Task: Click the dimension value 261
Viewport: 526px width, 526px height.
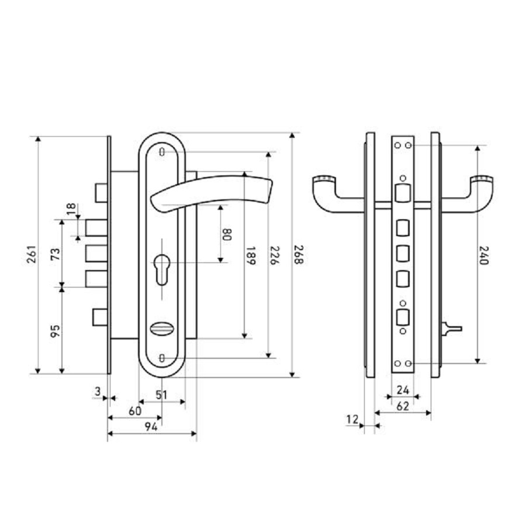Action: pyautogui.click(x=33, y=255)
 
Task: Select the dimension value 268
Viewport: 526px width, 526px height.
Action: pyautogui.click(x=297, y=255)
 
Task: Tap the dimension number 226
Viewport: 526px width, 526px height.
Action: pyautogui.click(x=273, y=255)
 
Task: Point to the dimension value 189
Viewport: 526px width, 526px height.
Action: pyautogui.click(x=250, y=256)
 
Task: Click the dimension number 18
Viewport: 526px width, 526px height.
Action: pyautogui.click(x=70, y=209)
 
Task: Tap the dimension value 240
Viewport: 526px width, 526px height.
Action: pyautogui.click(x=483, y=255)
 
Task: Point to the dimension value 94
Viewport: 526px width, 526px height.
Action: pyautogui.click(x=151, y=428)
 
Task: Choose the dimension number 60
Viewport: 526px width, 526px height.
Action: pyautogui.click(x=134, y=411)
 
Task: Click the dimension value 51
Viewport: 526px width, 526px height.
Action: pyautogui.click(x=162, y=395)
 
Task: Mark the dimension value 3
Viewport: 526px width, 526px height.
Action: pyautogui.click(x=98, y=392)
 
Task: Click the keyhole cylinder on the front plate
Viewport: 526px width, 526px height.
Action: pyautogui.click(x=162, y=266)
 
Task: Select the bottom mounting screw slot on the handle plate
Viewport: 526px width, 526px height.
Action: pyautogui.click(x=162, y=357)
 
